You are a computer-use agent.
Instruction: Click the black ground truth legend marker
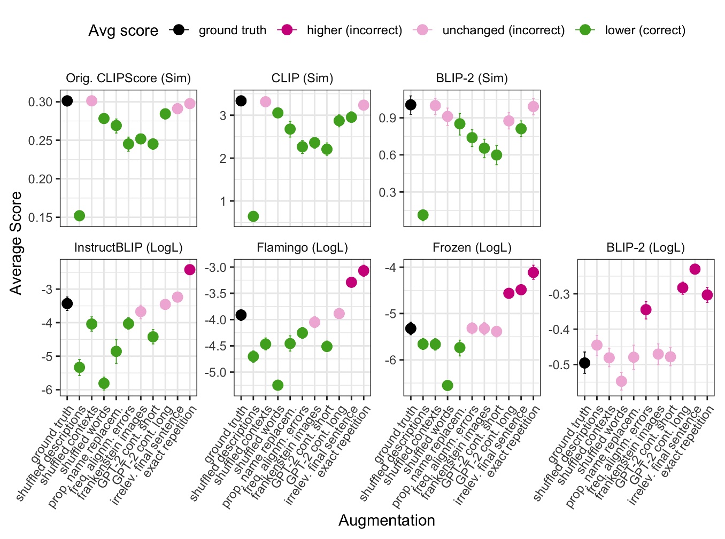pos(179,30)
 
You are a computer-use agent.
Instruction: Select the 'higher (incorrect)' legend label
pos(354,30)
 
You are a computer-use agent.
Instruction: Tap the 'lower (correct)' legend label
pos(645,30)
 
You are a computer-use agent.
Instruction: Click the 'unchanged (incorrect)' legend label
pos(503,30)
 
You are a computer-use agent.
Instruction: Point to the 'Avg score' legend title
pos(123,31)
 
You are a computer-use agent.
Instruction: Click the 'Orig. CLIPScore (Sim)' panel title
pos(128,79)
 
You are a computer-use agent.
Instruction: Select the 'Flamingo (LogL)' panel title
pos(302,248)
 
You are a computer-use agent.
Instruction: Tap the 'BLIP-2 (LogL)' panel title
pos(645,248)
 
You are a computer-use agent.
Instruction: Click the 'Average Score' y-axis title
pos(16,243)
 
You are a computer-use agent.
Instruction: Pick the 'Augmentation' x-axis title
pos(387,520)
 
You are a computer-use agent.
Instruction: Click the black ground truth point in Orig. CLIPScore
pos(67,101)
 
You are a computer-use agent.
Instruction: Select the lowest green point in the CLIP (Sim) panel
pos(253,216)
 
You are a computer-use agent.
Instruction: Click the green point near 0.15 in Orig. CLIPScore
pos(79,216)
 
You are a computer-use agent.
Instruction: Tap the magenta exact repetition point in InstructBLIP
pos(190,270)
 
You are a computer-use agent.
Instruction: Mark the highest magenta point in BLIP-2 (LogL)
pos(695,269)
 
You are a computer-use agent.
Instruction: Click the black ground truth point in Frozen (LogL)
pos(411,329)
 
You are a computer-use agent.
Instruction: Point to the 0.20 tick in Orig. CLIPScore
pos(41,179)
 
